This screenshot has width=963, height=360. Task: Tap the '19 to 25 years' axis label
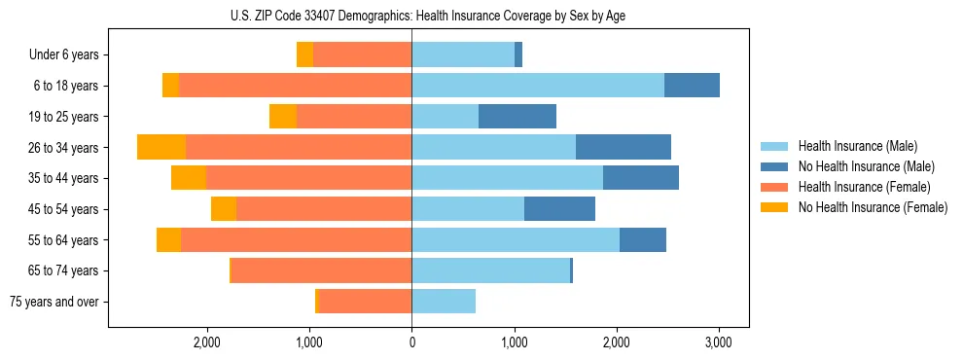pyautogui.click(x=63, y=117)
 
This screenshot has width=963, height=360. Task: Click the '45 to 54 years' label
pyautogui.click(x=63, y=209)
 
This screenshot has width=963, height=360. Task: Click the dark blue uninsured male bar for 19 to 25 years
pyautogui.click(x=517, y=117)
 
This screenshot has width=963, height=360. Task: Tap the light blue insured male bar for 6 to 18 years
pyautogui.click(x=538, y=86)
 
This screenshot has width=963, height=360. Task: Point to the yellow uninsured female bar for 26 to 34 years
pyautogui.click(x=161, y=147)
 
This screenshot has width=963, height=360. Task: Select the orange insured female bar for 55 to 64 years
pyautogui.click(x=296, y=239)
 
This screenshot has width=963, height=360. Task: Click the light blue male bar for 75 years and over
pyautogui.click(x=444, y=302)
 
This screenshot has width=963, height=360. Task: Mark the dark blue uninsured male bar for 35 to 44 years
pyautogui.click(x=641, y=178)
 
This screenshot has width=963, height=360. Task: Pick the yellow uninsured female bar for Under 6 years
pyautogui.click(x=304, y=55)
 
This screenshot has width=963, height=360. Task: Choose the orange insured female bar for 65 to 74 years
pyautogui.click(x=322, y=270)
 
